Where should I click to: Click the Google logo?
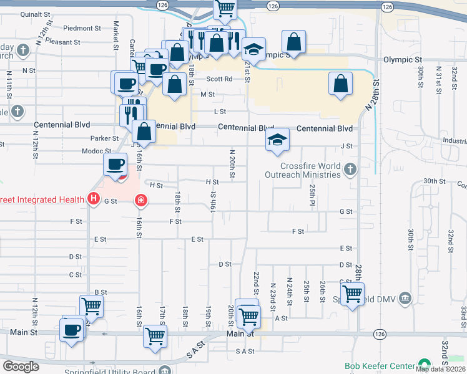(21, 367)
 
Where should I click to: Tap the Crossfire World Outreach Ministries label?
(310, 170)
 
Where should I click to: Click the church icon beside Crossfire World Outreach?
(350, 168)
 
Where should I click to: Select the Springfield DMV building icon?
(406, 297)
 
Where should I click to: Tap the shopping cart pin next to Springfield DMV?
(353, 294)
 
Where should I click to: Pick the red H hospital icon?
(94, 199)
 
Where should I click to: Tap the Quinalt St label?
(34, 14)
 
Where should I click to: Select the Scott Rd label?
(219, 79)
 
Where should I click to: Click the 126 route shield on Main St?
(378, 333)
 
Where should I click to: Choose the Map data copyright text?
(440, 369)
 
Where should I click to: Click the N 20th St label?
(232, 164)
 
